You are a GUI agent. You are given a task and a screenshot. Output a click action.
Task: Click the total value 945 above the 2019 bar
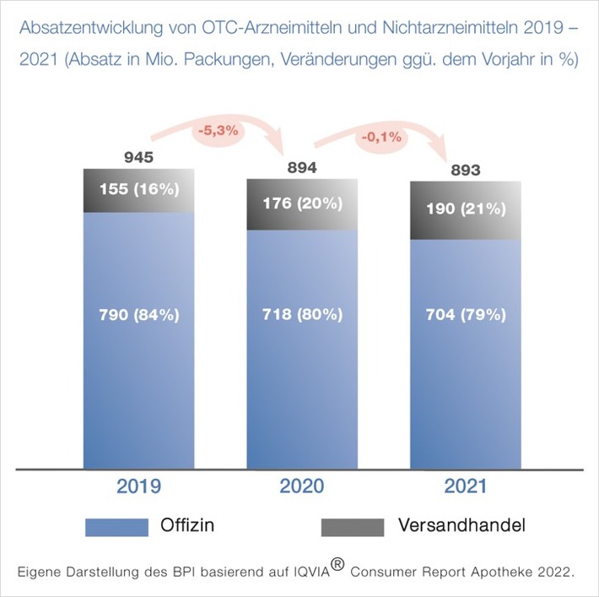coord(139,158)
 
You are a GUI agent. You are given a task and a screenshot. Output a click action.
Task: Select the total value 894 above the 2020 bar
coord(301,168)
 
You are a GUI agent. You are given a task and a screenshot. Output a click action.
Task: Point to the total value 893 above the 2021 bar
coord(465,171)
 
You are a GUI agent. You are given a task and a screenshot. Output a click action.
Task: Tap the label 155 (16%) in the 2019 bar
coord(139,189)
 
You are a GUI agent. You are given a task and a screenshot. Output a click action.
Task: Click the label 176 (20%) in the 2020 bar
coord(301,203)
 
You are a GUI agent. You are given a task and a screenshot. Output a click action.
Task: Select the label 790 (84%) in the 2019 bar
coord(139,315)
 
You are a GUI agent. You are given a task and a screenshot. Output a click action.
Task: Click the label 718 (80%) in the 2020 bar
coord(301,315)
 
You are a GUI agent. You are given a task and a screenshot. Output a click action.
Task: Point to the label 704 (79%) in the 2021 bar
coord(465,315)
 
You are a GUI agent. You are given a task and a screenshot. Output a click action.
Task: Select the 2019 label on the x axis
coord(138,487)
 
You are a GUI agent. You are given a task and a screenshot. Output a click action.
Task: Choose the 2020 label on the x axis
coord(301,487)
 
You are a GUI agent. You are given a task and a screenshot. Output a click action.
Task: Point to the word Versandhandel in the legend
coord(461,525)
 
